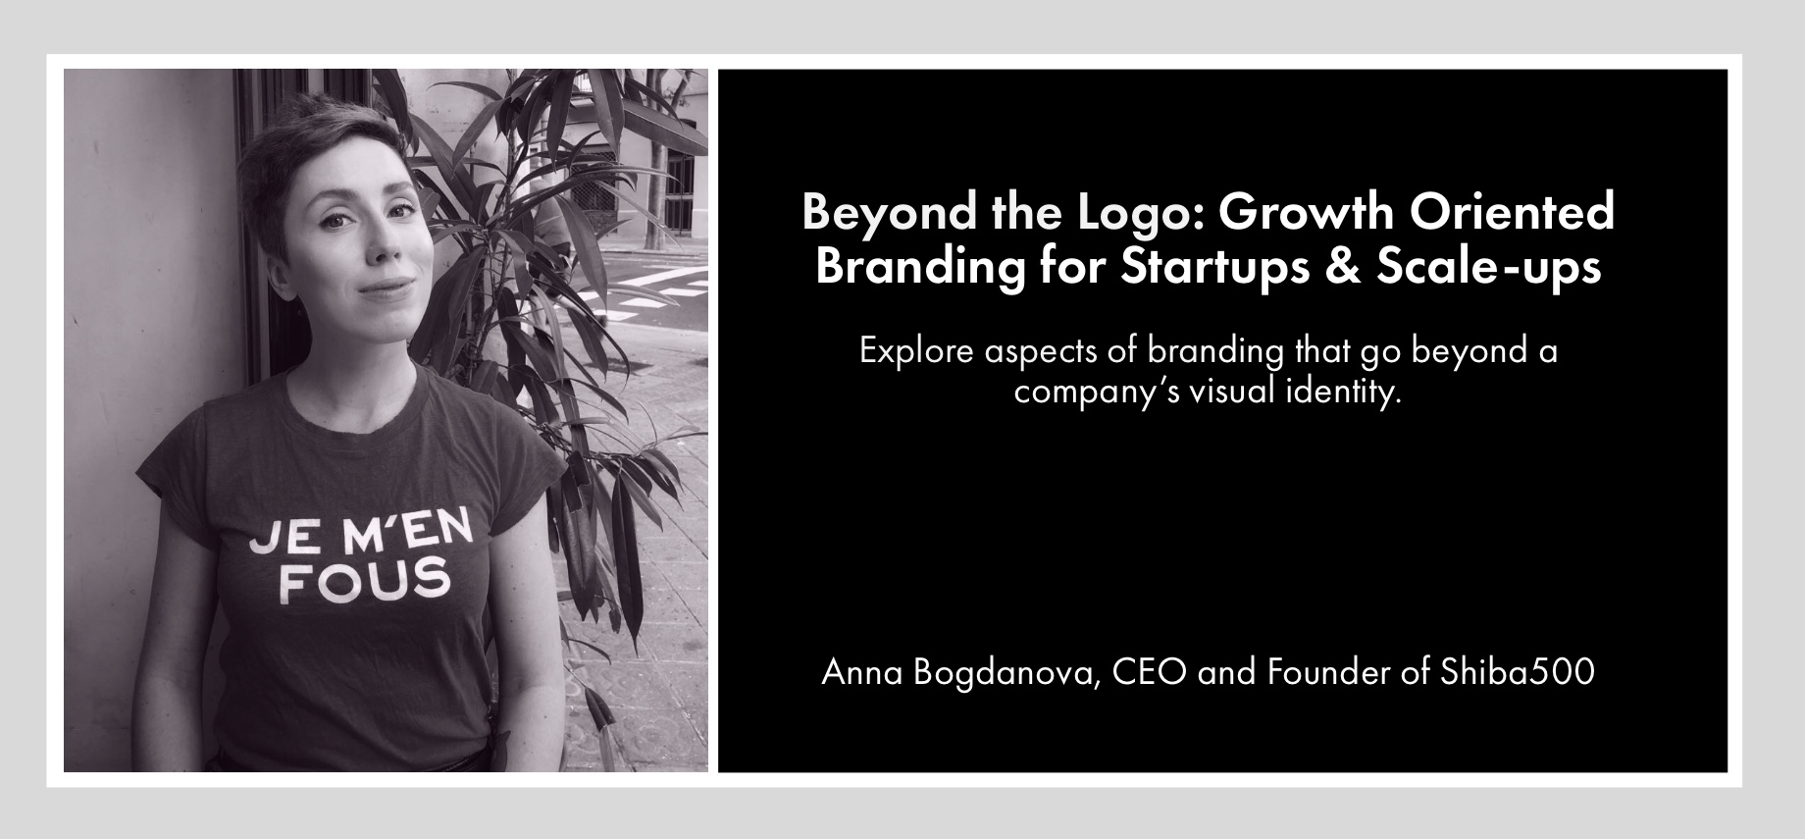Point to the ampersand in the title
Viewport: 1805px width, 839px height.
click(x=1343, y=267)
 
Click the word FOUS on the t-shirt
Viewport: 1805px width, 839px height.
click(x=365, y=582)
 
